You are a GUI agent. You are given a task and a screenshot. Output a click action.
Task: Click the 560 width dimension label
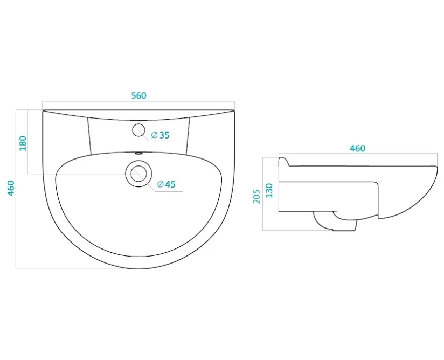(x=139, y=95)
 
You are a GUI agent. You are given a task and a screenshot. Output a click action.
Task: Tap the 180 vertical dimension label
(x=23, y=143)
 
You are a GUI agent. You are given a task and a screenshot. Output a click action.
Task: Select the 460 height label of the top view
(x=11, y=188)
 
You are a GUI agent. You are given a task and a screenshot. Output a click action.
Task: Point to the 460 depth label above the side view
(x=357, y=148)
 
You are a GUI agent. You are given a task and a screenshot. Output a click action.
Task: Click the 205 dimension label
(x=257, y=197)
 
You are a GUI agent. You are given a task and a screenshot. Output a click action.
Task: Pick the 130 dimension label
(x=269, y=191)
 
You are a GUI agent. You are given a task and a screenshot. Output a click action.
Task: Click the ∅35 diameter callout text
(x=160, y=135)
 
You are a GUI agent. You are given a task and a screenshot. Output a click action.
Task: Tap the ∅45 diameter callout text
(x=166, y=184)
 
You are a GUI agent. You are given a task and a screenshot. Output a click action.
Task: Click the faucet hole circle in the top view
(x=138, y=130)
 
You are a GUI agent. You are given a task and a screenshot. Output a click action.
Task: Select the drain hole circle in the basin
(x=139, y=173)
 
